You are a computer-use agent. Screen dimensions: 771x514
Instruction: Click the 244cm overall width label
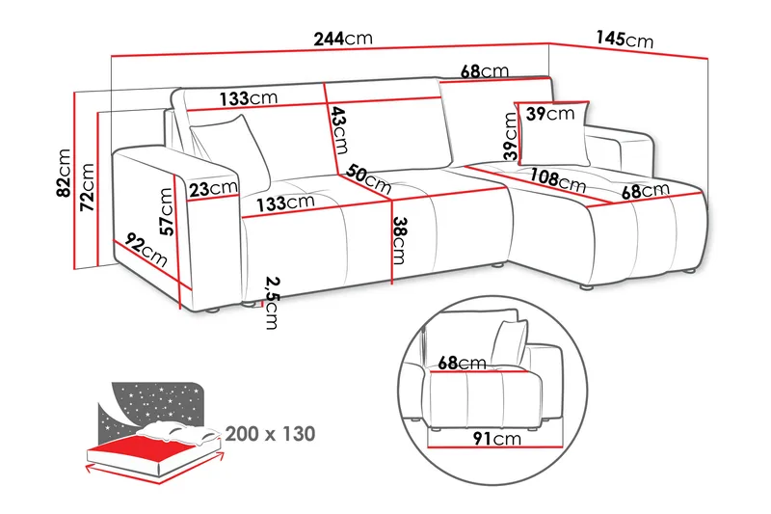coord(342,40)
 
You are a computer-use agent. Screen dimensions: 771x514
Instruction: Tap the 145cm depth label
coord(625,40)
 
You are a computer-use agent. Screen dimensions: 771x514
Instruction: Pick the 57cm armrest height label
coord(166,212)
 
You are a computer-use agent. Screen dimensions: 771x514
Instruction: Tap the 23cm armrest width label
coord(212,189)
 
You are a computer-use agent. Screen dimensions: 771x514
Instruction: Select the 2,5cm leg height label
coord(273,303)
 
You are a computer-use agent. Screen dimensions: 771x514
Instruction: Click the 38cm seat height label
coord(399,244)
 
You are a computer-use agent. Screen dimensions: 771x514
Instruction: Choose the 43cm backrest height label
coord(338,129)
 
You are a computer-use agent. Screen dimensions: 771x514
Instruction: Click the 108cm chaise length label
coord(558,180)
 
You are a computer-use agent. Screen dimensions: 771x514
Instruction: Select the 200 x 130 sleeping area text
coord(271,434)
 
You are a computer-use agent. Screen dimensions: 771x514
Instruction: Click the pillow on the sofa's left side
coord(231,147)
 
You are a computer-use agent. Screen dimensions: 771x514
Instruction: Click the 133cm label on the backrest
coord(249,99)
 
